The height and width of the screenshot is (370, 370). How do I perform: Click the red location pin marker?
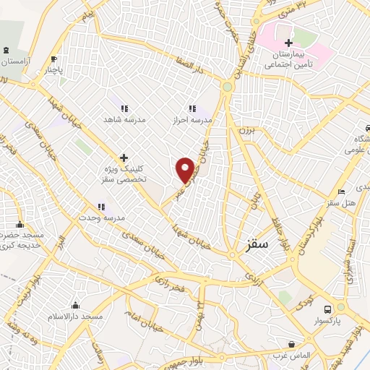click(186, 170)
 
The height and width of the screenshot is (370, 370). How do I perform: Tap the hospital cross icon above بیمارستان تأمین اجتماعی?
click(288, 43)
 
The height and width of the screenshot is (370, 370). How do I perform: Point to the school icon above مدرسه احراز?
click(192, 107)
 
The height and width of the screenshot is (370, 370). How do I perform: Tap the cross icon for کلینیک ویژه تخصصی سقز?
click(124, 157)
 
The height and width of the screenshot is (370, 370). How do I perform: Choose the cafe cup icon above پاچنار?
click(53, 60)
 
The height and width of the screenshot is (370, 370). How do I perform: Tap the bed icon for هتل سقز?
click(341, 192)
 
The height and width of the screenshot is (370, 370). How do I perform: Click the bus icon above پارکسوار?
click(327, 307)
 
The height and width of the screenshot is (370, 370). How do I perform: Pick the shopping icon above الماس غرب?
click(291, 345)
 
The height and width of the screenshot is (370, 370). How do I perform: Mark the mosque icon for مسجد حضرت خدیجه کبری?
click(20, 224)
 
